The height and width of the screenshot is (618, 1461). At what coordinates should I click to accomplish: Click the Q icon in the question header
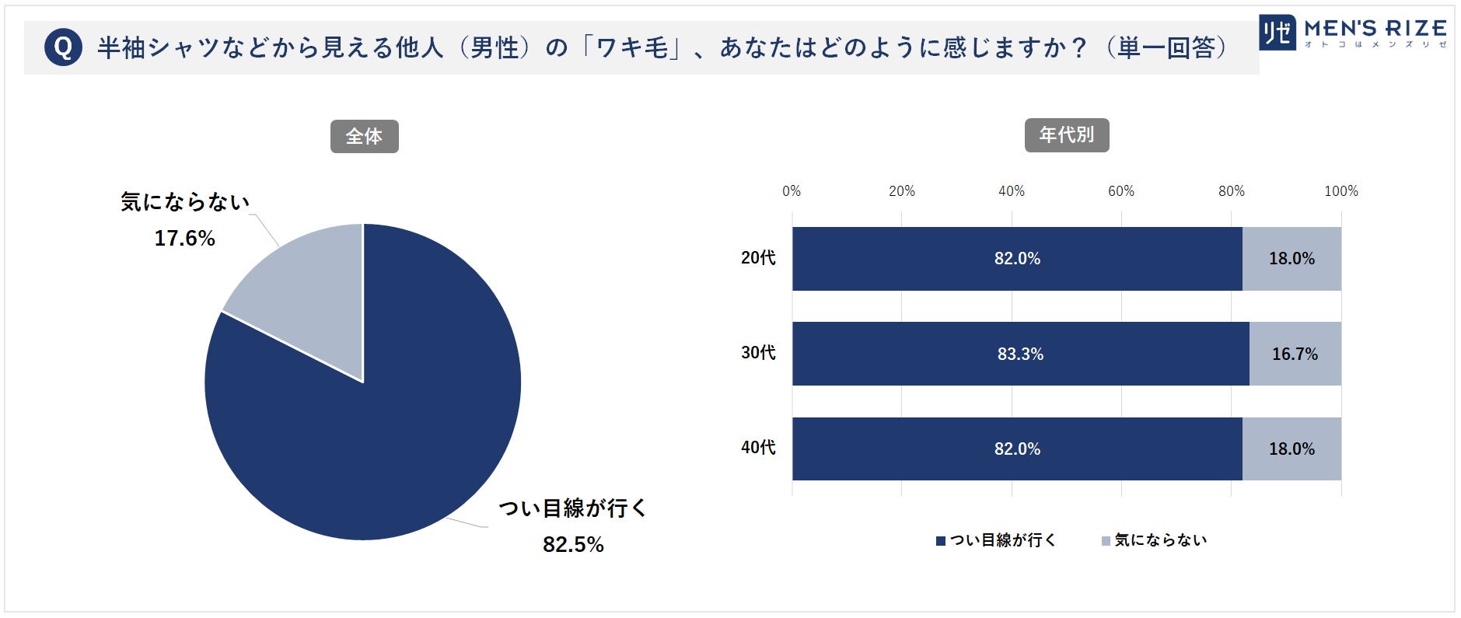click(x=64, y=47)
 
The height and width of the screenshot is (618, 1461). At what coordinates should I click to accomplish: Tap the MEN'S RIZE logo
click(x=1352, y=33)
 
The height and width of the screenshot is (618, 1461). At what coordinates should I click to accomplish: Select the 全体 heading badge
click(x=364, y=137)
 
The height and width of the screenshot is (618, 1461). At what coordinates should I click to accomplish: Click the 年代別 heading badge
click(x=1066, y=135)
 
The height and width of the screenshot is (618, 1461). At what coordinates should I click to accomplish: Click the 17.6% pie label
click(x=184, y=238)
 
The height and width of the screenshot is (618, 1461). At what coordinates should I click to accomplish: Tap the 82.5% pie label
click(x=573, y=544)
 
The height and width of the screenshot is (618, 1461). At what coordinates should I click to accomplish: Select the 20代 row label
click(x=758, y=258)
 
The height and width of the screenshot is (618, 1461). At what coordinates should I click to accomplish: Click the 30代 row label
click(x=758, y=353)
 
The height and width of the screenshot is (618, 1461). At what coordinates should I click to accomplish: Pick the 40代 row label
click(x=758, y=448)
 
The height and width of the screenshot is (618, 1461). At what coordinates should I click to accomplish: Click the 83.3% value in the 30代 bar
click(x=1020, y=354)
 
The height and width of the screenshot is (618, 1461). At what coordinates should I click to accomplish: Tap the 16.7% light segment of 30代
click(x=1295, y=354)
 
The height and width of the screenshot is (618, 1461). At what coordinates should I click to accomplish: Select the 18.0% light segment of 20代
click(x=1291, y=259)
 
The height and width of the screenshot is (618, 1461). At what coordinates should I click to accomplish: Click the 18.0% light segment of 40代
click(x=1291, y=449)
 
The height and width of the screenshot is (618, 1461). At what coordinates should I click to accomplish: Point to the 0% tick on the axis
click(x=792, y=191)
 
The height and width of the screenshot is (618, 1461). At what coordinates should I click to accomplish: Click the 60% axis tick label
click(x=1121, y=191)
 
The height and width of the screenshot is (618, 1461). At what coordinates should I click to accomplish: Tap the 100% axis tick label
click(x=1340, y=191)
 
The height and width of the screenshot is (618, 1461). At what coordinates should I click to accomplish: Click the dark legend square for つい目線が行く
click(x=941, y=541)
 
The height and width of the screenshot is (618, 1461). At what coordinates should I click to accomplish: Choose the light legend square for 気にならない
click(x=1106, y=541)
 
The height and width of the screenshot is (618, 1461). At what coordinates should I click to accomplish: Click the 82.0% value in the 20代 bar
click(x=1017, y=259)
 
